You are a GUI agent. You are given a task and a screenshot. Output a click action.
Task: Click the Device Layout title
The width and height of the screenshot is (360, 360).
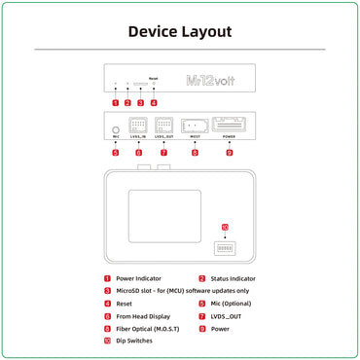(x=180, y=31)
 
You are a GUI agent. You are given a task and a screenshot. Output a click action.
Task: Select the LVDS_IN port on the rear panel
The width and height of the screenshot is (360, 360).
(x=138, y=126)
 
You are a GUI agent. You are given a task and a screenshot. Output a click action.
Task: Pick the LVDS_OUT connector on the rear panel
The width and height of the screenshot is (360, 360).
(x=163, y=126)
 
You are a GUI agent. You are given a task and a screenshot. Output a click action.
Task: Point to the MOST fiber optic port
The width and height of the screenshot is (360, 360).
(x=195, y=126)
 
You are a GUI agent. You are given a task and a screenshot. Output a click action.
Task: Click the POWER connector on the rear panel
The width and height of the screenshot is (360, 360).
(x=230, y=126)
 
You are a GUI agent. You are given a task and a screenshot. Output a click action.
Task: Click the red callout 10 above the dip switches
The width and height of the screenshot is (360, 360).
(x=226, y=230)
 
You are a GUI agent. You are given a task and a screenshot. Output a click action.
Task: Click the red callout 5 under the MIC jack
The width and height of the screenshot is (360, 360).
(x=116, y=153)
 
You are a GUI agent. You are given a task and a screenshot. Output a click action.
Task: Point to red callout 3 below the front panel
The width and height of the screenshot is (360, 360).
(x=140, y=102)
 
